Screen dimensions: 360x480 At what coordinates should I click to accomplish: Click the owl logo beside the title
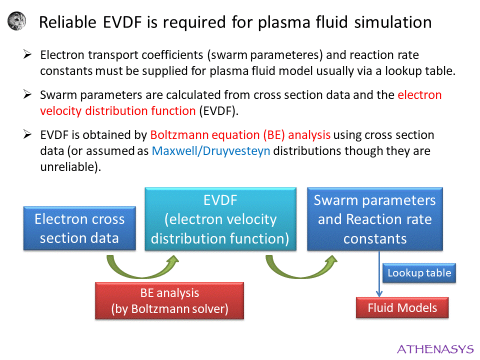click(18, 21)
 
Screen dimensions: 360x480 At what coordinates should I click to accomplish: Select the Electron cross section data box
click(79, 228)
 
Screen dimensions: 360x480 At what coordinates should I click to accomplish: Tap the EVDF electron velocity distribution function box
click(220, 219)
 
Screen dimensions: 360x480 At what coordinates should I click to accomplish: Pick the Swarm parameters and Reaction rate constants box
click(374, 219)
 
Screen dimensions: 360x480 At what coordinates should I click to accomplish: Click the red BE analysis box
click(169, 301)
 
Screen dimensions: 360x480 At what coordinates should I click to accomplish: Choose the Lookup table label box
click(419, 273)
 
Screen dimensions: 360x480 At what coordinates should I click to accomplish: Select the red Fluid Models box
click(402, 307)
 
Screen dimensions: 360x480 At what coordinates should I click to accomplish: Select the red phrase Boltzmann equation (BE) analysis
click(240, 134)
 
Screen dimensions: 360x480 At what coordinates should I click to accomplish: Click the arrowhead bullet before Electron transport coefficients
click(28, 54)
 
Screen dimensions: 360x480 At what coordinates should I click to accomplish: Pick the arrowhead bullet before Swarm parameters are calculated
click(28, 94)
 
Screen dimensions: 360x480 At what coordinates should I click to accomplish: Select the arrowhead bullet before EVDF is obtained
click(28, 134)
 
